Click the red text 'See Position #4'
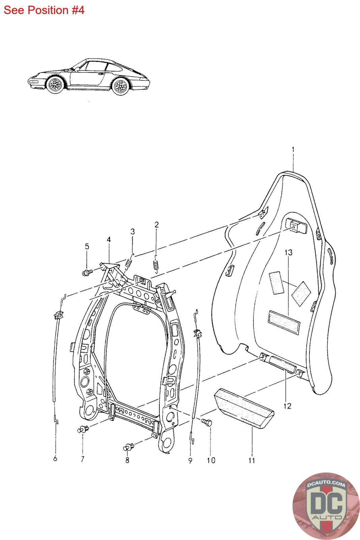(x=44, y=10)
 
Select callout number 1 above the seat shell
(x=293, y=149)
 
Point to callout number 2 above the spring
(x=157, y=224)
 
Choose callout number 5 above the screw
(x=87, y=247)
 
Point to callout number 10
(x=211, y=460)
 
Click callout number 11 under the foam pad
(x=252, y=460)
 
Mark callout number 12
(x=287, y=406)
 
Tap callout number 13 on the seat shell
(x=288, y=252)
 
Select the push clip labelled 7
(x=82, y=430)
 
